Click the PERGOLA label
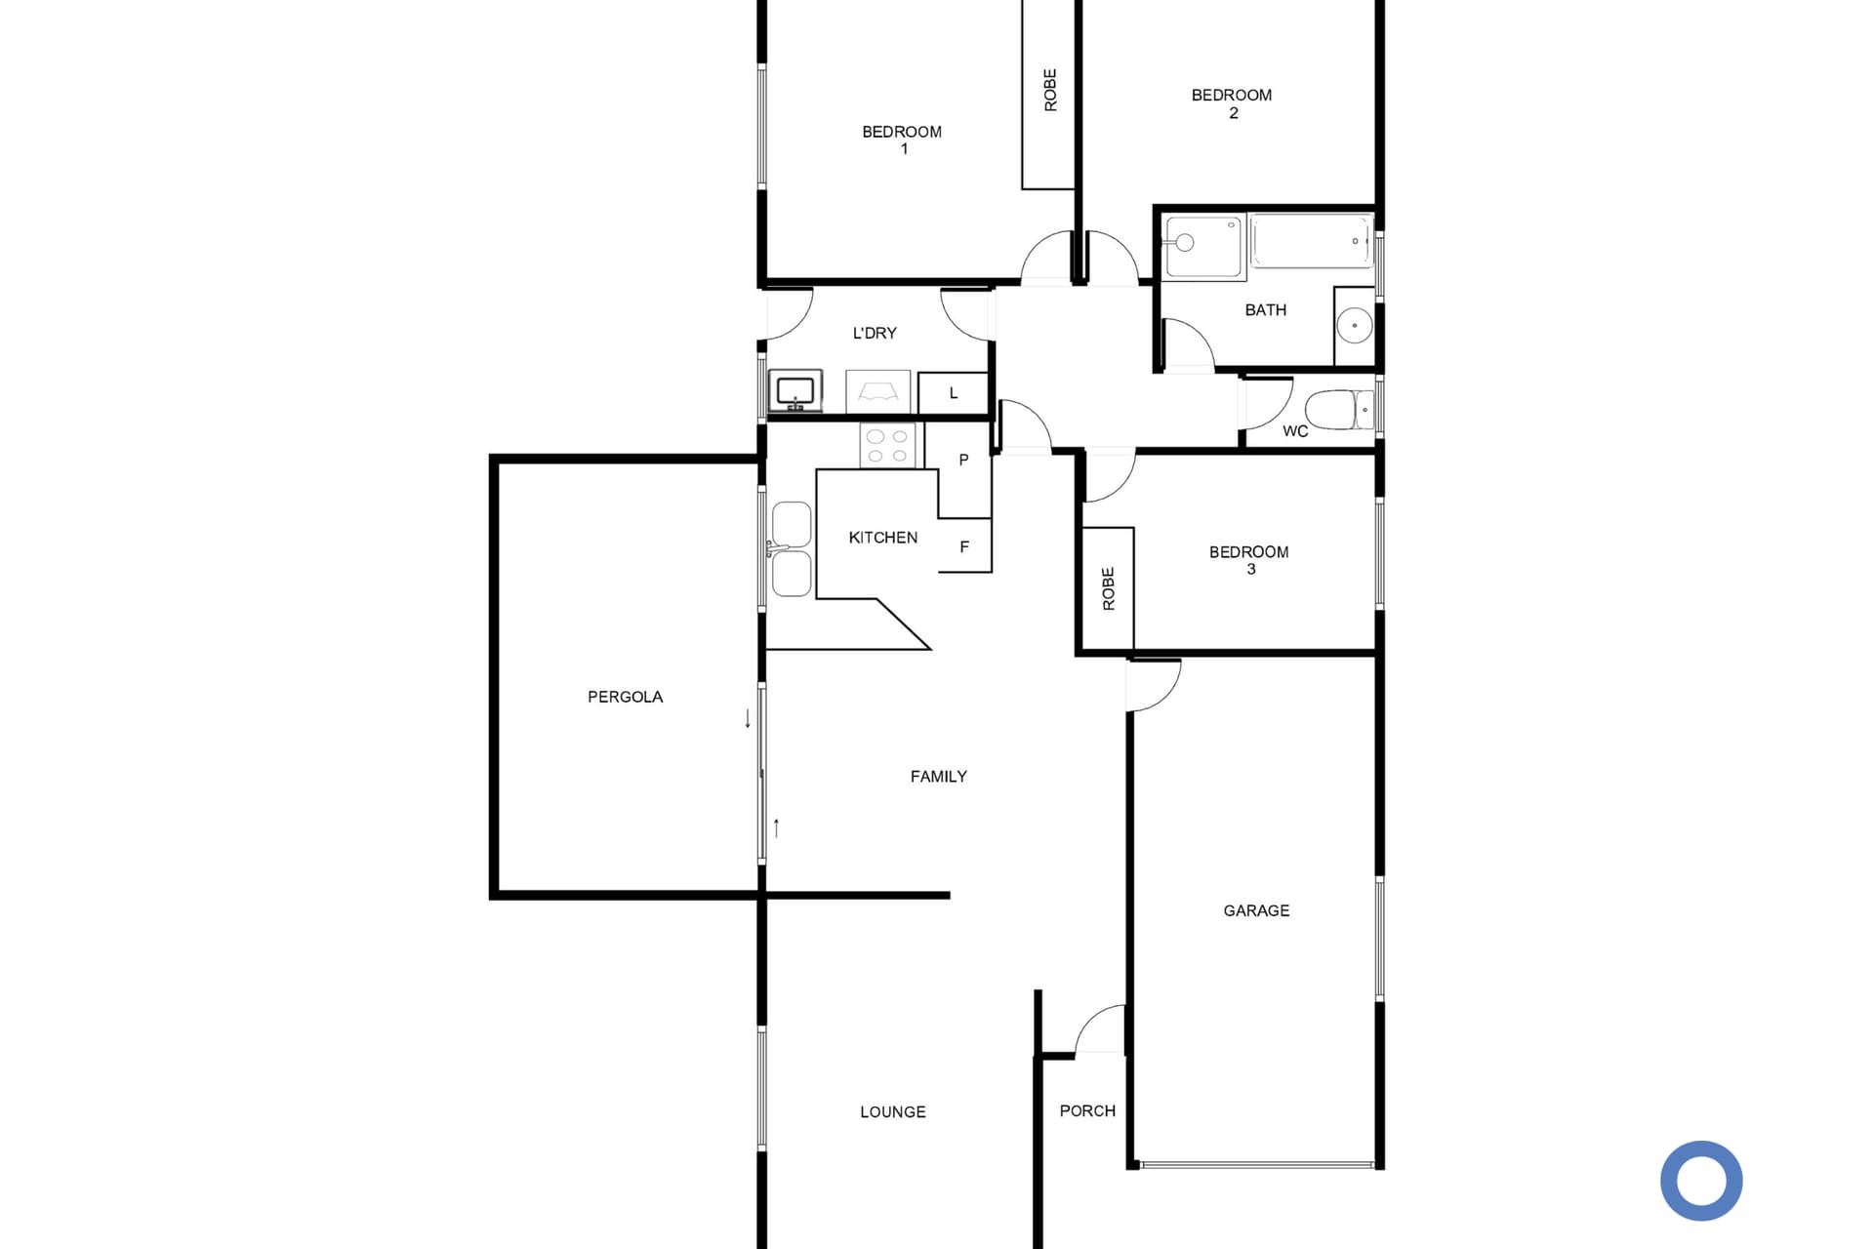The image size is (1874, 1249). (x=625, y=697)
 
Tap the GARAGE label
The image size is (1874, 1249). (x=1256, y=910)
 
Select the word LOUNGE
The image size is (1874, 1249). (x=892, y=1111)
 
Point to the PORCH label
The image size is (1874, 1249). (x=1087, y=1110)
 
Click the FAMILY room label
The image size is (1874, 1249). (x=938, y=777)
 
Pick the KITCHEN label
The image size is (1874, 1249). (x=882, y=538)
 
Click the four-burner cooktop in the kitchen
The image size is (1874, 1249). (x=887, y=446)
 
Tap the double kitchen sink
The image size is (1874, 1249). (x=791, y=549)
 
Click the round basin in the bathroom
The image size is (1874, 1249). (x=1354, y=325)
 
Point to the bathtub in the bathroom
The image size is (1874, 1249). (x=1312, y=241)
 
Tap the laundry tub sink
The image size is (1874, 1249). (x=795, y=391)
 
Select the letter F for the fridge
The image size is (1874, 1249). (x=964, y=547)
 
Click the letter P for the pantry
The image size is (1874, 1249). (x=963, y=460)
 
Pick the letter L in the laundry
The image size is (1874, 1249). (x=954, y=393)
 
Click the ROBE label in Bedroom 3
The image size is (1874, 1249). (x=1108, y=589)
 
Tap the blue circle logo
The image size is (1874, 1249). (x=1701, y=1181)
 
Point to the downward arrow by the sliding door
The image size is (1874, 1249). (x=748, y=719)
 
